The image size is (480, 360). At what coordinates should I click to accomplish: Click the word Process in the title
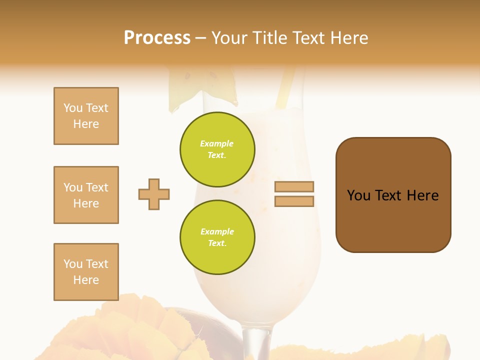157,38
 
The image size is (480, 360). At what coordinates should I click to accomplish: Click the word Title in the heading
268,38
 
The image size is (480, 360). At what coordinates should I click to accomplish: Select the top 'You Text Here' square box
86,116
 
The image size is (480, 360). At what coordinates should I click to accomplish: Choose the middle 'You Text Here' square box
86,195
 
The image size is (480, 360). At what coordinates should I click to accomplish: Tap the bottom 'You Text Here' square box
86,272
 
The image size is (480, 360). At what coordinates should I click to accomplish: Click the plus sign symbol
154,194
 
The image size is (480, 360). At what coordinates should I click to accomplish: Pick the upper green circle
217,149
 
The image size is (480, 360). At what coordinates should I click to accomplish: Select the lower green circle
217,237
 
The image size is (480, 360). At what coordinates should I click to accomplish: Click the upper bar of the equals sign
294,186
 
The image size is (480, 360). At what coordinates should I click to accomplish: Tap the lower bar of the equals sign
294,201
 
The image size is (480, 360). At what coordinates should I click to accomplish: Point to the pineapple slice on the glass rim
190,87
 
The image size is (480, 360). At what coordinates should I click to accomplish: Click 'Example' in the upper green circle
217,143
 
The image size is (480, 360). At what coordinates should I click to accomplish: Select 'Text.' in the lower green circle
217,243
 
